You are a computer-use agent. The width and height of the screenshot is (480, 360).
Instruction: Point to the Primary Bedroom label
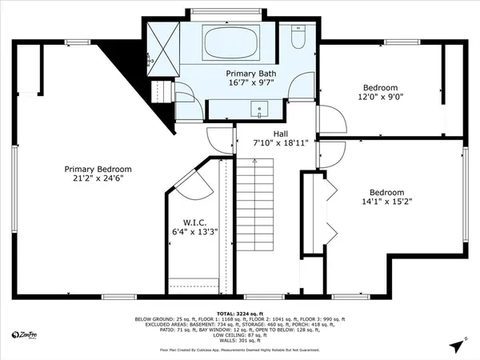(98, 170)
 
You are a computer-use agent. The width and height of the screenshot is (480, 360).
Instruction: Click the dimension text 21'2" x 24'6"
(98, 180)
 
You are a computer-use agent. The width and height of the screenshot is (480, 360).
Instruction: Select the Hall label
(280, 134)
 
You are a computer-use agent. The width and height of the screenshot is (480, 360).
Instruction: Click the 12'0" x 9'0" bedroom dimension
(382, 98)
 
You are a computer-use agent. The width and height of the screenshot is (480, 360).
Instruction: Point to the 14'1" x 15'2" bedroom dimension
(386, 202)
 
